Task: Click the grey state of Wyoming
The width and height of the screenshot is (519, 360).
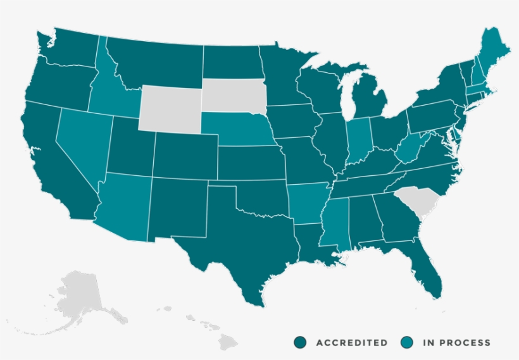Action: (170, 108)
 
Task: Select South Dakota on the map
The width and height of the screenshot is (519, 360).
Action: (234, 96)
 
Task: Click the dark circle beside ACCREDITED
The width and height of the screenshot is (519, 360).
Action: (300, 342)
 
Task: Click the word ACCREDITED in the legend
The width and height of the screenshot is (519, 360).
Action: (351, 342)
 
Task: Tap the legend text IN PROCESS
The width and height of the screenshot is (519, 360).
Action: (456, 342)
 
